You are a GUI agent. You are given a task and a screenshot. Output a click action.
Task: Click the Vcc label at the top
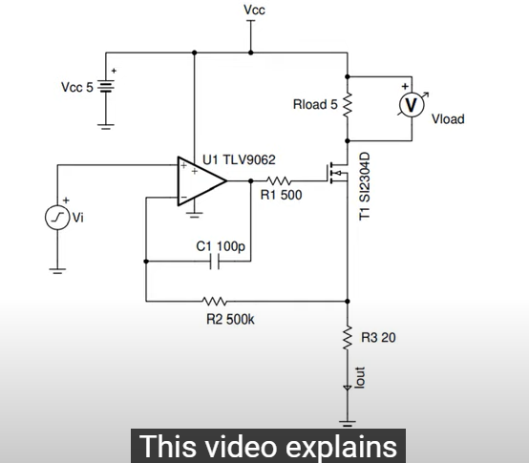click(x=254, y=11)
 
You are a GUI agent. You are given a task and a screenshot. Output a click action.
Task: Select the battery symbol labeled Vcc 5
click(x=106, y=86)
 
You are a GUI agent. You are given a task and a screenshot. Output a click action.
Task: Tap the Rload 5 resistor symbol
click(x=348, y=105)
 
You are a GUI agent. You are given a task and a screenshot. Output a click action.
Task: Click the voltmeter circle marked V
click(x=412, y=105)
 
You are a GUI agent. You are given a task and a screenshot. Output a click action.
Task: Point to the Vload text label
click(x=448, y=119)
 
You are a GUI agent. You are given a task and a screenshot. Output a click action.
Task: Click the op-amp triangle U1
click(x=201, y=181)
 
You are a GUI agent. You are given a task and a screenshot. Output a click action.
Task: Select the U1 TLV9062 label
click(x=239, y=159)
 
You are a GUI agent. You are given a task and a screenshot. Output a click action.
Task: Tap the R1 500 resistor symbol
click(x=279, y=181)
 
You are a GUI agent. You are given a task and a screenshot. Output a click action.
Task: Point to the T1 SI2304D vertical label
click(x=365, y=186)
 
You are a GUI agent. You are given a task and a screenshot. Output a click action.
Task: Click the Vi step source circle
click(x=57, y=218)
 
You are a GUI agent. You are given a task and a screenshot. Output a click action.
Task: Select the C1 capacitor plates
click(x=214, y=261)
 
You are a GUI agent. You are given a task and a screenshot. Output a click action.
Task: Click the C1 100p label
click(x=221, y=246)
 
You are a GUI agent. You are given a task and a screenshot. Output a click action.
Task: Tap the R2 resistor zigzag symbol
click(x=215, y=301)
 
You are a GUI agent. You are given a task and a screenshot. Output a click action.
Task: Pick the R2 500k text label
click(x=230, y=319)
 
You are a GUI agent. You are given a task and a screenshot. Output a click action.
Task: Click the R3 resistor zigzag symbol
click(x=348, y=338)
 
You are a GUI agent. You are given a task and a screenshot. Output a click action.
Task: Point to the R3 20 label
click(x=378, y=338)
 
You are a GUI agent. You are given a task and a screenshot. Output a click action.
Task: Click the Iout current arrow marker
click(x=348, y=389)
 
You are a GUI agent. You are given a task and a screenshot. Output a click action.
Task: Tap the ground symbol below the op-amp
click(x=195, y=215)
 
